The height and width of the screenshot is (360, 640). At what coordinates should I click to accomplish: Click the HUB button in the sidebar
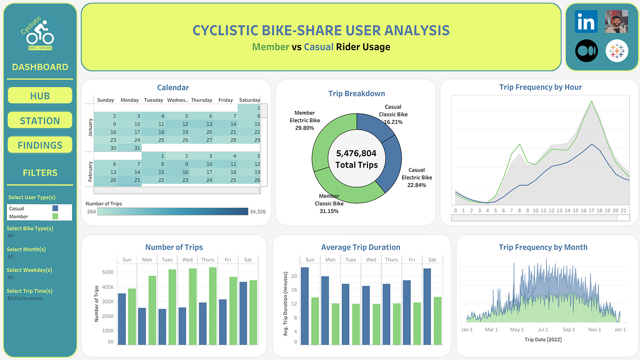[x=40, y=96]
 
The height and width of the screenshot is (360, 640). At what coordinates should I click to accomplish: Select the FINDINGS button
[x=40, y=145]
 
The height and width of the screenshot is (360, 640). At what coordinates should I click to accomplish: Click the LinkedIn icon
[x=586, y=22]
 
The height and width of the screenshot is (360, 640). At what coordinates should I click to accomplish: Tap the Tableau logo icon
[x=617, y=51]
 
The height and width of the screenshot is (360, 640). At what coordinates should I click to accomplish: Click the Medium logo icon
[x=586, y=51]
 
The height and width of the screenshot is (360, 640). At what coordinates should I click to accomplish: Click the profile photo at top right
[x=617, y=22]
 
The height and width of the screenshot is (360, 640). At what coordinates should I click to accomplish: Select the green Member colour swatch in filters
[x=55, y=217]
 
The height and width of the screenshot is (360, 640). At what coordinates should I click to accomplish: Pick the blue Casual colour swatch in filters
[x=55, y=209]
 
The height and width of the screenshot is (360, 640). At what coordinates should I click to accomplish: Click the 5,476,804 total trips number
[x=356, y=153]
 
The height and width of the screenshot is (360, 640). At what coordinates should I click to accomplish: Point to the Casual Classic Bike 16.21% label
[x=393, y=114]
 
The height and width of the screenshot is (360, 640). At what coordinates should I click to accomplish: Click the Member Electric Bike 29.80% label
[x=305, y=120]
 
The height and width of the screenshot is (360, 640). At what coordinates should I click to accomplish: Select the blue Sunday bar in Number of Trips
[x=122, y=318]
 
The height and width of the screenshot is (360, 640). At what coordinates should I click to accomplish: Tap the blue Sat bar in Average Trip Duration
[x=427, y=306]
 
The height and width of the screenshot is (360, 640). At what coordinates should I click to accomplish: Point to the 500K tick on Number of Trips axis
[x=108, y=273]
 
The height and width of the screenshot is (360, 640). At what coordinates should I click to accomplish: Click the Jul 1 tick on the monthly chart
[x=543, y=330]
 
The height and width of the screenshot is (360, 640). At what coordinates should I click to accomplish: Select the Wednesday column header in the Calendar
[x=177, y=100]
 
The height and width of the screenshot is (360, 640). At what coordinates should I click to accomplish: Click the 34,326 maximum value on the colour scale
[x=258, y=212]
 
